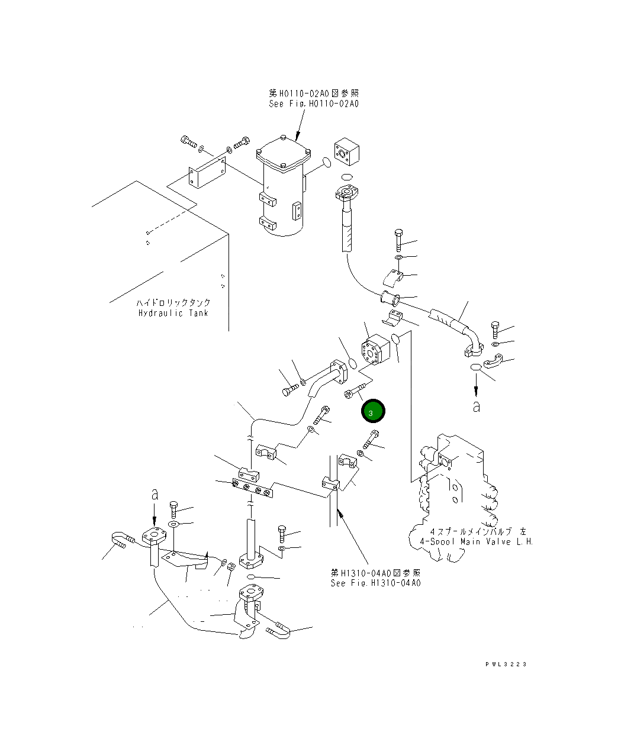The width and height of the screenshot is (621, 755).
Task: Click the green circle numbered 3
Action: coord(373,411)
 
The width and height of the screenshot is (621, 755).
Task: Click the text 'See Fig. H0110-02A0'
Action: coord(314,104)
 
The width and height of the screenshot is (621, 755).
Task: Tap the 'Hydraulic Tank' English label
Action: coord(173,313)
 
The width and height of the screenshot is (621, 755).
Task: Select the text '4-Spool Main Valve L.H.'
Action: coord(476,541)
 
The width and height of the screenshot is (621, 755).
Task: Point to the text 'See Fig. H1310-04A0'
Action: coord(375,583)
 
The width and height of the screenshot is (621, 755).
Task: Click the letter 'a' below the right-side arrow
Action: coord(476,406)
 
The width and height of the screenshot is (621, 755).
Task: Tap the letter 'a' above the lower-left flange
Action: coord(155,495)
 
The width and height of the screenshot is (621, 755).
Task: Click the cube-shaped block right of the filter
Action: coord(347,151)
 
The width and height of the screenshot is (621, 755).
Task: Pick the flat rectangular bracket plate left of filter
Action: coord(207,172)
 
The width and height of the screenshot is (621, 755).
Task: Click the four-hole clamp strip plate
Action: coord(252,488)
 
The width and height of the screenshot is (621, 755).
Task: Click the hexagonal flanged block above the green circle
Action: coord(375,350)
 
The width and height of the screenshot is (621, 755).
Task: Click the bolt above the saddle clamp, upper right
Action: coord(398,240)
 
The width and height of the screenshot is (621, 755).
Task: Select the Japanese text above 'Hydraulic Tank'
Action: coord(173,302)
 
